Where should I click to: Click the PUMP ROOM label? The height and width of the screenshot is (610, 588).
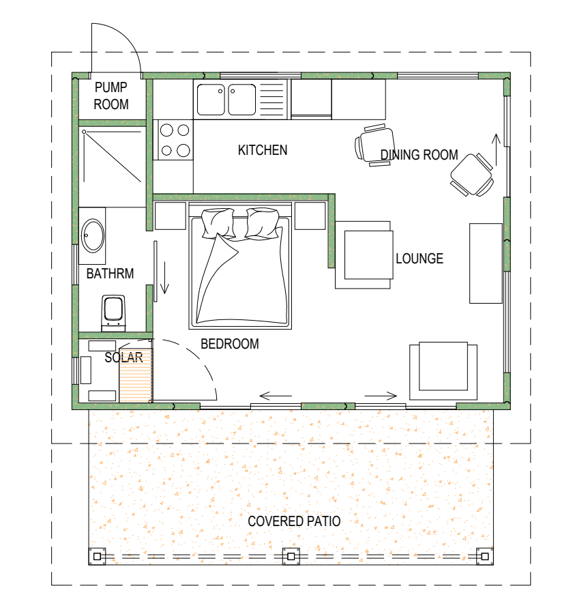[111, 96]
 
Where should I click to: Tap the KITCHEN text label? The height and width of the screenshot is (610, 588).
[263, 150]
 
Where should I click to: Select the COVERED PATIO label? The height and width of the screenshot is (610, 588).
[294, 521]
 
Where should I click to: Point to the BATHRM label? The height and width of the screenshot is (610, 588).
[110, 274]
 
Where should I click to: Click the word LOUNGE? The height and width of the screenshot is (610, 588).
[420, 259]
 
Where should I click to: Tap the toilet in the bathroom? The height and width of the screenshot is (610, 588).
[113, 313]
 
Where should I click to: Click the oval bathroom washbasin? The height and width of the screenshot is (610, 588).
[93, 236]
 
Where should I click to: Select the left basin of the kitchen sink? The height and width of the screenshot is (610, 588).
[211, 100]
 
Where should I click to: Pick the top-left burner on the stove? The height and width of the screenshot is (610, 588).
[166, 130]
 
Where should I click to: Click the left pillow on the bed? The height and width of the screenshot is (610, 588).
[218, 223]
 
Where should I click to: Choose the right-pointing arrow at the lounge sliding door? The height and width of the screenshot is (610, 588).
[381, 396]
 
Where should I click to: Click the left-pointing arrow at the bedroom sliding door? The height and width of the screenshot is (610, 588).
[276, 396]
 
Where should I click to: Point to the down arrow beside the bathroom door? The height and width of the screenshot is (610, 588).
[165, 278]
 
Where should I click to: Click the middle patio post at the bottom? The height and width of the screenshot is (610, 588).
[291, 556]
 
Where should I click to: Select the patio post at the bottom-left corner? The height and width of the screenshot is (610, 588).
[98, 556]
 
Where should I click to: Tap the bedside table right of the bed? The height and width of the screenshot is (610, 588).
[310, 216]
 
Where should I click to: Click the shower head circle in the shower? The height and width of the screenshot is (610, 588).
[84, 132]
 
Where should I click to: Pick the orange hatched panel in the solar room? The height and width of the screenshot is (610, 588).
[135, 375]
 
